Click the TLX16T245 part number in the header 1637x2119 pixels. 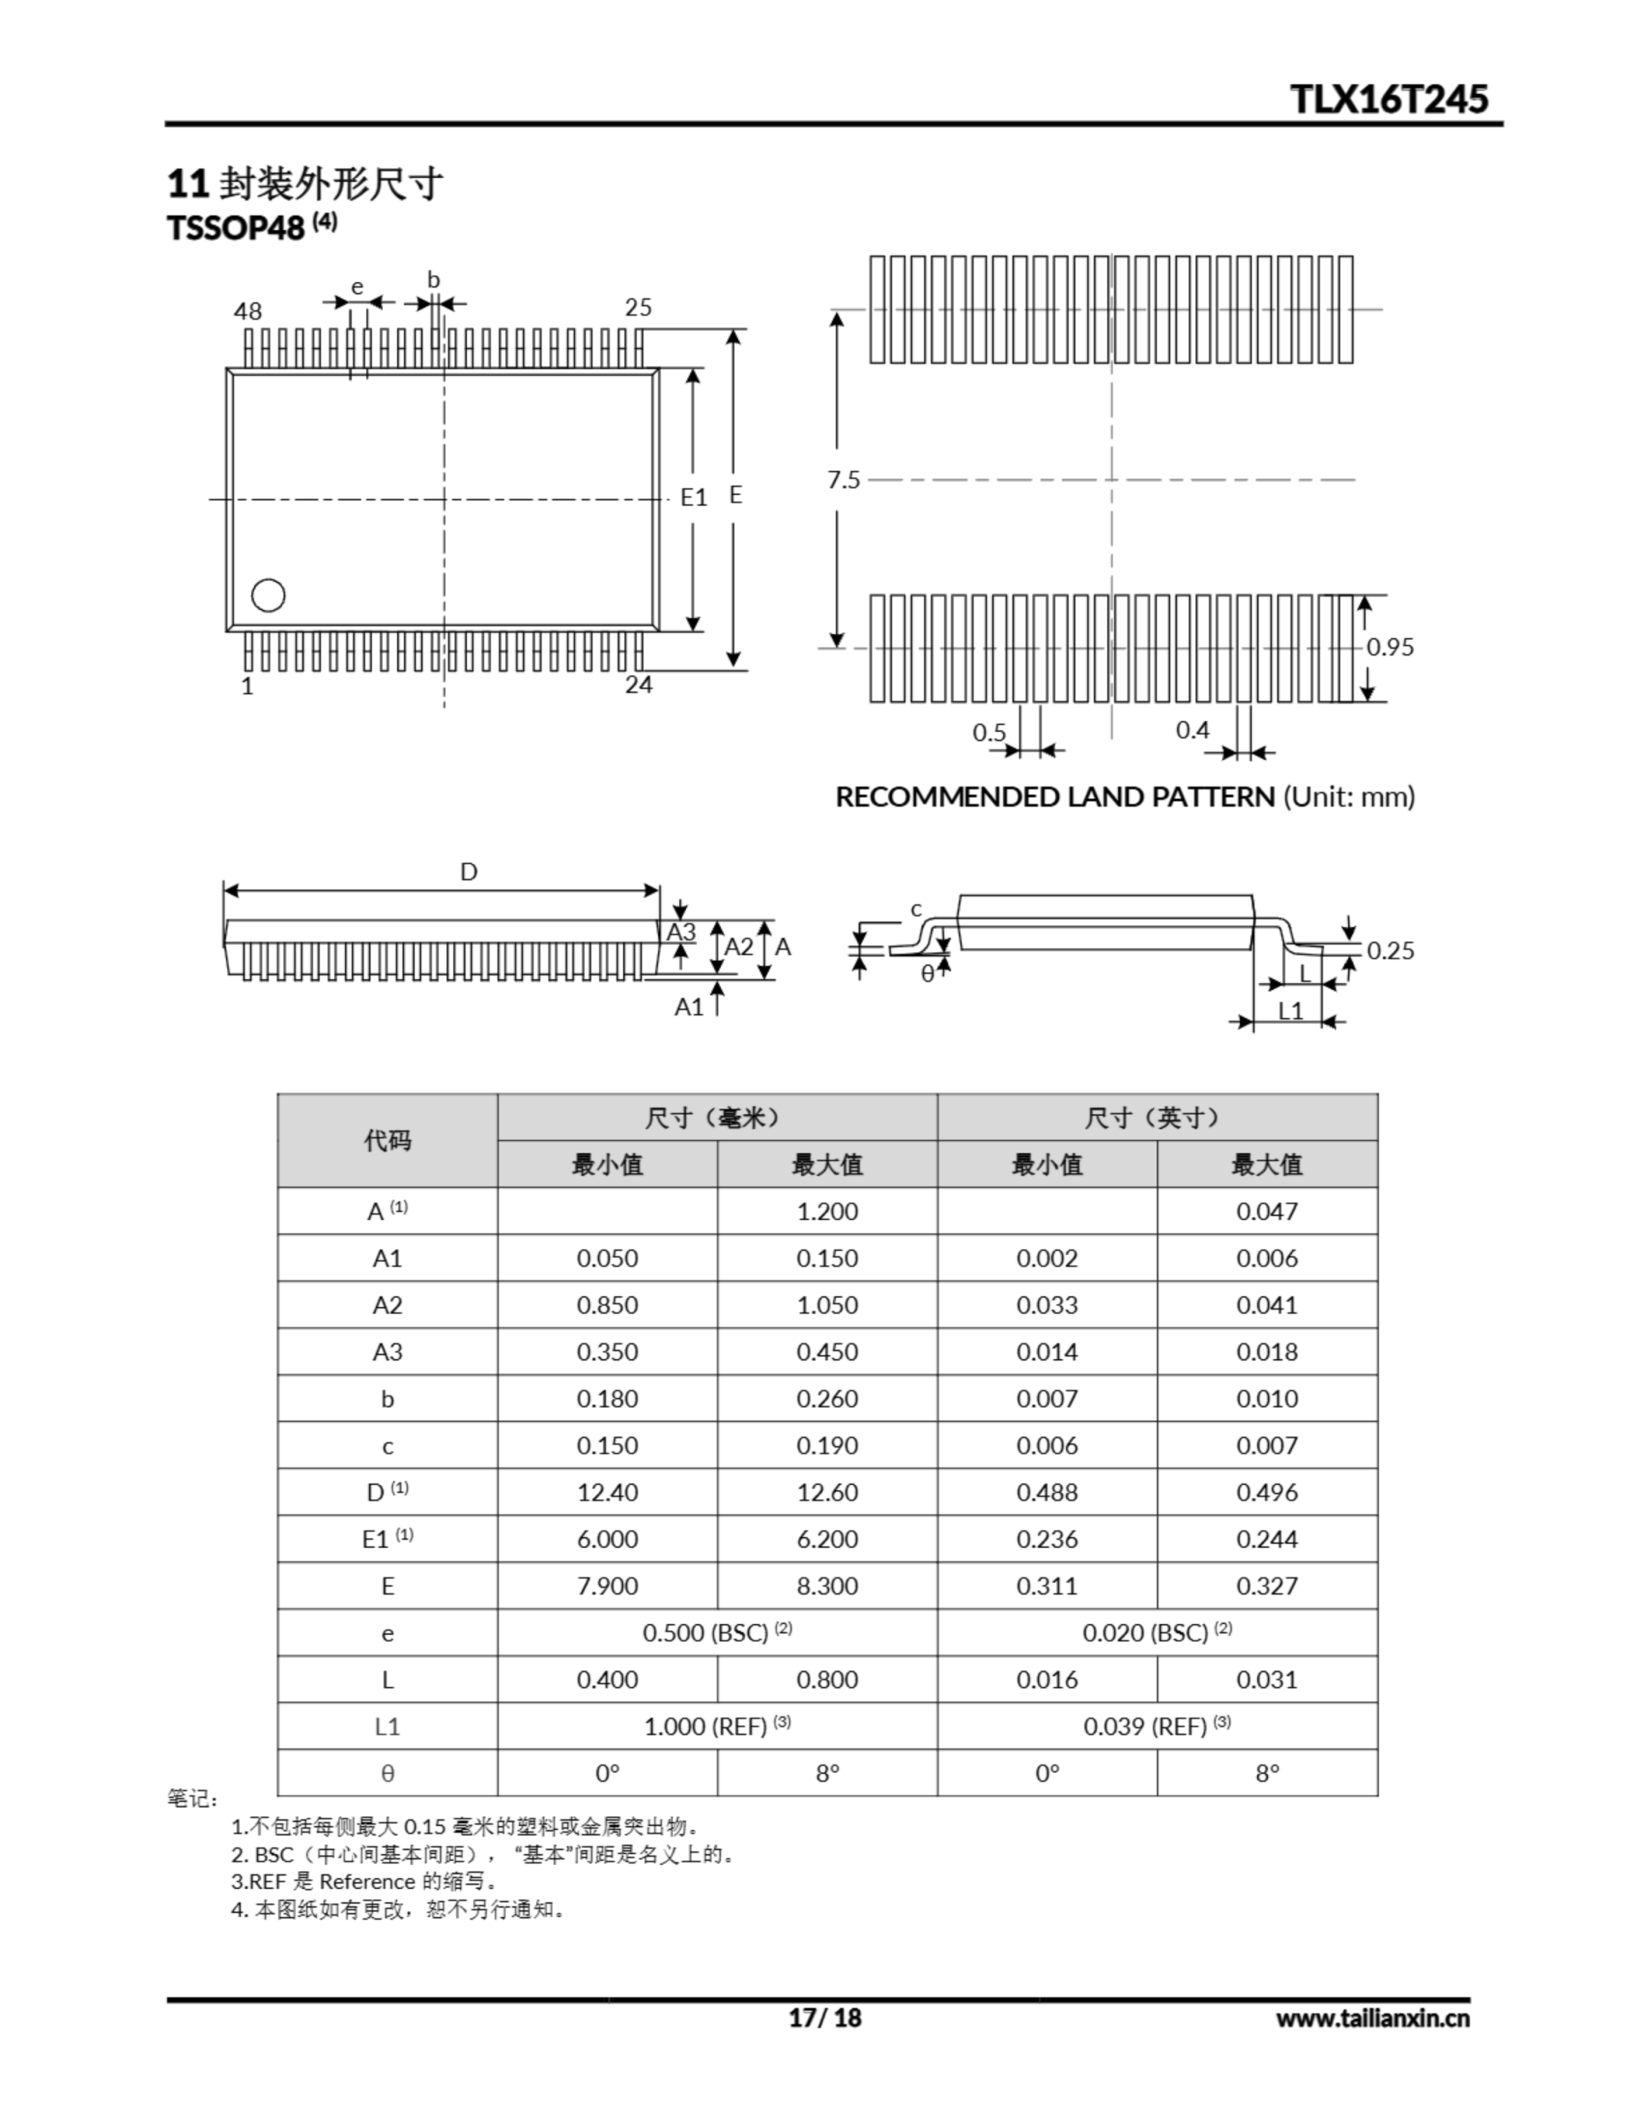pyautogui.click(x=1389, y=99)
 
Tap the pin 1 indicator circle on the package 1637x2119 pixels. pyautogui.click(x=268, y=595)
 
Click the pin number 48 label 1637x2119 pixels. pyautogui.click(x=247, y=311)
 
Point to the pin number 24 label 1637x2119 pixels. pyautogui.click(x=639, y=685)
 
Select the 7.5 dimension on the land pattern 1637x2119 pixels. pyautogui.click(x=843, y=480)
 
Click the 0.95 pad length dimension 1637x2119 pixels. pyautogui.click(x=1390, y=647)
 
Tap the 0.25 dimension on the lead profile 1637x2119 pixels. pyautogui.click(x=1390, y=951)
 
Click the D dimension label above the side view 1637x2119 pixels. pyautogui.click(x=468, y=872)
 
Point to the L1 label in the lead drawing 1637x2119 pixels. pyautogui.click(x=1290, y=1011)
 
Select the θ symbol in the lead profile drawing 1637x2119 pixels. pyautogui.click(x=928, y=974)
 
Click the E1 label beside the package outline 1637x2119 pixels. pyautogui.click(x=694, y=497)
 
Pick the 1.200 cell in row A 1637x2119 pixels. pyautogui.click(x=827, y=1211)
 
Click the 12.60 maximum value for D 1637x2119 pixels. pyautogui.click(x=827, y=1492)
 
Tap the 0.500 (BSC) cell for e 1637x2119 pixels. pyautogui.click(x=716, y=1633)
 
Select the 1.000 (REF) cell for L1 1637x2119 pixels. pyautogui.click(x=716, y=1727)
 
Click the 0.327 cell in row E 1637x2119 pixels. pyautogui.click(x=1266, y=1586)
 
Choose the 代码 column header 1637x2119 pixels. pyautogui.click(x=387, y=1141)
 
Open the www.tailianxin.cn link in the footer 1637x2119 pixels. pyautogui.click(x=1372, y=2018)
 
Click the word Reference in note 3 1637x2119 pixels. pyautogui.click(x=367, y=1881)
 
